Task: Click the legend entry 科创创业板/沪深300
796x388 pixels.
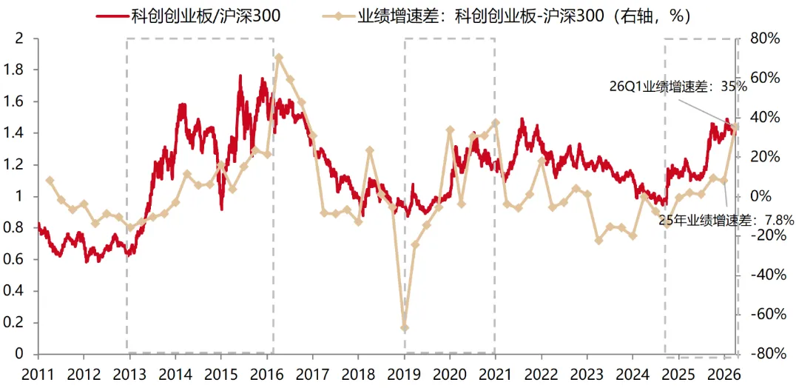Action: pyautogui.click(x=189, y=16)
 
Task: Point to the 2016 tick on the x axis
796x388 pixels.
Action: pyautogui.click(x=266, y=377)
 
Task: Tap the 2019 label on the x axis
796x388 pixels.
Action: pyautogui.click(x=404, y=377)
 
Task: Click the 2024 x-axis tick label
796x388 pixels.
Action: pyautogui.click(x=633, y=377)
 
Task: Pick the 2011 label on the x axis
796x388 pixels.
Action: pyautogui.click(x=38, y=377)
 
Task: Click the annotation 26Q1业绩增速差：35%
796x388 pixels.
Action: pyautogui.click(x=678, y=87)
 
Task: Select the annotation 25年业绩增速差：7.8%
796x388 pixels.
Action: pyautogui.click(x=726, y=220)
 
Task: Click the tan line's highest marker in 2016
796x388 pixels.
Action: pyautogui.click(x=279, y=58)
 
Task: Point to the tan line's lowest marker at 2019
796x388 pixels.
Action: pyautogui.click(x=405, y=327)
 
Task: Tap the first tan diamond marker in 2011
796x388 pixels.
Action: pyautogui.click(x=50, y=180)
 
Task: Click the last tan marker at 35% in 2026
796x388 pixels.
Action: pyautogui.click(x=735, y=127)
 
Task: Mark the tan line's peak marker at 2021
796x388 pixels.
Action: pyautogui.click(x=496, y=122)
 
